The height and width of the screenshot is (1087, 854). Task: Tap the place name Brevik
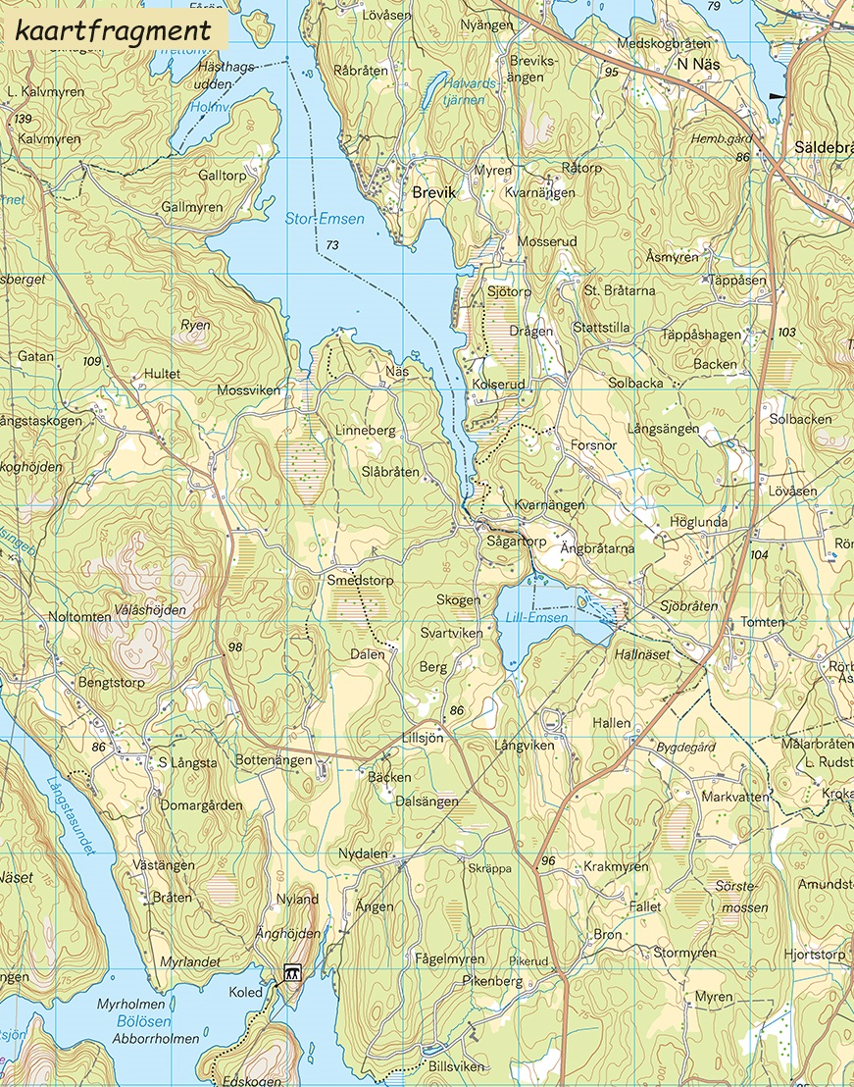tap(433, 193)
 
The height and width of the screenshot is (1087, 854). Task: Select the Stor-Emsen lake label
tap(324, 219)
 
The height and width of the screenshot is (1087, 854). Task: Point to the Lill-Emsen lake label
tap(531, 618)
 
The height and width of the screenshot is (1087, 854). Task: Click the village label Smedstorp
tap(360, 580)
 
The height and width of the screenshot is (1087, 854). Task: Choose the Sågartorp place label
tap(516, 541)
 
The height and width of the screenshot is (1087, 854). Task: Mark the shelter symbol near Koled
tap(291, 973)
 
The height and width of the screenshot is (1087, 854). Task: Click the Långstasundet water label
tap(71, 814)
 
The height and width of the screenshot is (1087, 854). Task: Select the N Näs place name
tap(697, 63)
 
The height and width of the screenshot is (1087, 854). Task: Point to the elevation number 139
tap(24, 119)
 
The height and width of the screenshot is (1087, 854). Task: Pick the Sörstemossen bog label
tap(742, 897)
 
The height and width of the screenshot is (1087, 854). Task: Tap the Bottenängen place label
tap(274, 760)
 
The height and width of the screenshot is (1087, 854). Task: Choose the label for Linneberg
tap(365, 431)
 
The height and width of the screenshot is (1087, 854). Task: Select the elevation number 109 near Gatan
tap(92, 362)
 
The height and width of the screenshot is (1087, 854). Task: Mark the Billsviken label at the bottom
tap(456, 1065)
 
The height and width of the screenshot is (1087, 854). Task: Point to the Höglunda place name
tap(698, 522)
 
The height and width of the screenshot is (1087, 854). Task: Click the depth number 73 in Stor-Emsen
tap(333, 244)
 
